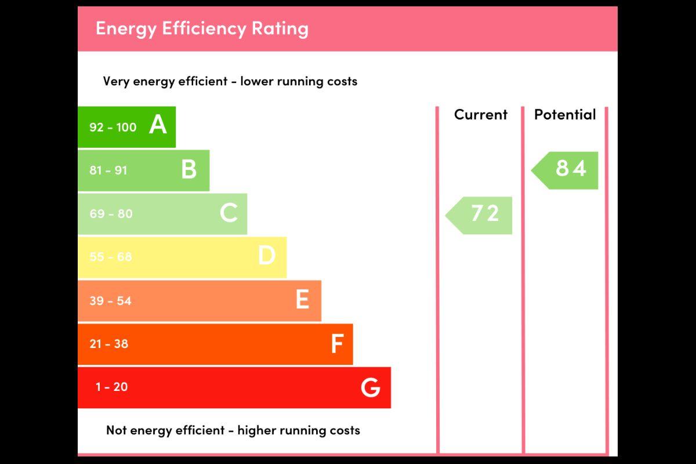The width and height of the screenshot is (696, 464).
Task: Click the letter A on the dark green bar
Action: (x=158, y=125)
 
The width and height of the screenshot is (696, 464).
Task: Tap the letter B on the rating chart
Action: (x=188, y=169)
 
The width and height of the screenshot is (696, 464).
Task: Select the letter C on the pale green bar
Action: (x=229, y=213)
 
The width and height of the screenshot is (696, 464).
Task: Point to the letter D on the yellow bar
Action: (x=266, y=256)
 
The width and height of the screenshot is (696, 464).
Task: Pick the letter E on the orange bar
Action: (x=302, y=300)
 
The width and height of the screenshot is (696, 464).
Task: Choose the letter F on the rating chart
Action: (x=337, y=343)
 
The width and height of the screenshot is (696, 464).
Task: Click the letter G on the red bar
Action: (x=370, y=387)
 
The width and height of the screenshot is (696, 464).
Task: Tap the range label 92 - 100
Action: (x=113, y=127)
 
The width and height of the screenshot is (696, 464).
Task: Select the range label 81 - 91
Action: (x=108, y=171)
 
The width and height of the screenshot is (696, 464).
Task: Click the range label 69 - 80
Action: (x=111, y=213)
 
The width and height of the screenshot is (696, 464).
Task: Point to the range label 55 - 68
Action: (x=110, y=256)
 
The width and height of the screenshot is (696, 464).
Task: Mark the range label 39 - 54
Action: (x=110, y=300)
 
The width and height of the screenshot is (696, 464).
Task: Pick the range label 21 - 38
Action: (x=108, y=343)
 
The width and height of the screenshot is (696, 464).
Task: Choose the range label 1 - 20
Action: (x=111, y=387)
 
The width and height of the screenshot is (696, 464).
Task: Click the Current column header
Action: (x=480, y=114)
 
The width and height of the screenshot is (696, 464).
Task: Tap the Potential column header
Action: (x=565, y=114)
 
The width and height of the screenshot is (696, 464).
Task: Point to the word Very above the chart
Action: (x=116, y=81)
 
